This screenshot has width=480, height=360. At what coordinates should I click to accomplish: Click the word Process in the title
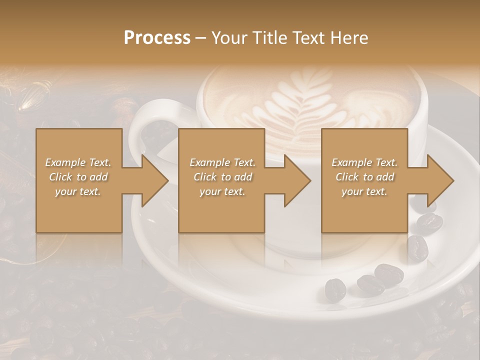coord(157,38)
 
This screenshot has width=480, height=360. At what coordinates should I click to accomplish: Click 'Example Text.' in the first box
coord(78,162)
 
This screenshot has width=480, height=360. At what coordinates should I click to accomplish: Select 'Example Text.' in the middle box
coord(222,162)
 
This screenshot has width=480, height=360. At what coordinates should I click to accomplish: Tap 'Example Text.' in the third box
coord(364,162)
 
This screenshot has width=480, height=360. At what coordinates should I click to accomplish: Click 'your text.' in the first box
coord(78,191)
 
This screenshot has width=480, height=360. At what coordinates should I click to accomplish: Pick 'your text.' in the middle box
coord(222,191)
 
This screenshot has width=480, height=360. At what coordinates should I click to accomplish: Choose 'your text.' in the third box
coord(364,191)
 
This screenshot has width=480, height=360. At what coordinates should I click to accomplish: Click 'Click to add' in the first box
coord(78,177)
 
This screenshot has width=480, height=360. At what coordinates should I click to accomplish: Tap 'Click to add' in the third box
coord(364,177)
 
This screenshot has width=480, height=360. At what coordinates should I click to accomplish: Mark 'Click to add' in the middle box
coord(222,177)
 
